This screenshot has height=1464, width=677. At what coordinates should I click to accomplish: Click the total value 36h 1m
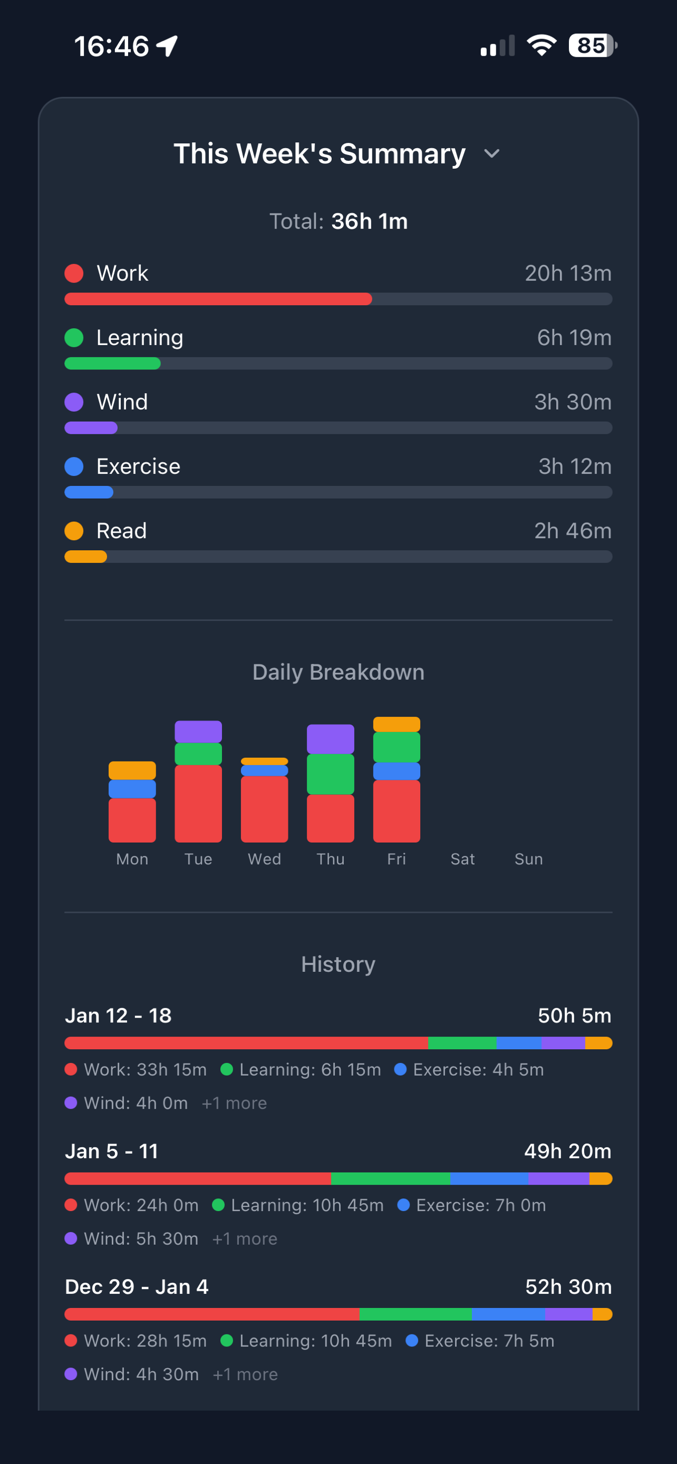pos(369,222)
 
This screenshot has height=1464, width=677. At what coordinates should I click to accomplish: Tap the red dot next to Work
pos(74,274)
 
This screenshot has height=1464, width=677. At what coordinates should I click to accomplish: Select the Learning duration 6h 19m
pos(574,338)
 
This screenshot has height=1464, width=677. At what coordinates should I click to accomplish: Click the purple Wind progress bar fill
pos(91,428)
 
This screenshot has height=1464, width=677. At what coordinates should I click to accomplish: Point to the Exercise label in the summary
pos(138,466)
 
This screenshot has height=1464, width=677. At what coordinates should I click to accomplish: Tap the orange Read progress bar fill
pos(85,557)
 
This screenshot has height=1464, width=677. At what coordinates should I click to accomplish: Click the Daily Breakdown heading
pos(338,672)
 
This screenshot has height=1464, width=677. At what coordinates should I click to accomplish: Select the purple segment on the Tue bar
pos(198,731)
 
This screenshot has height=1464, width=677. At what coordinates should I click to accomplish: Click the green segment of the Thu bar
pos(330,774)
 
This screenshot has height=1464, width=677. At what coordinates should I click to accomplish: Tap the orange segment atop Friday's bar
pos(396,725)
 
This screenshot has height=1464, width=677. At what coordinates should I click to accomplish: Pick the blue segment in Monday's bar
pos(132,789)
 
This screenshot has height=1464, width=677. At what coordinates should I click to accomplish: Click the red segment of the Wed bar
pos(264,809)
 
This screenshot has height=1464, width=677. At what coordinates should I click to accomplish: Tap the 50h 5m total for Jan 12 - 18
pos(574,1016)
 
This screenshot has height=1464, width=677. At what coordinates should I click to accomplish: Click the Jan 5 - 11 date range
pos(111,1151)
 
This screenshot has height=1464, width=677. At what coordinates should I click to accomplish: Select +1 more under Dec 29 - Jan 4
pos(245,1374)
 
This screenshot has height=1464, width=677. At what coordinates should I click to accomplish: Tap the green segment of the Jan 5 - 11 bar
pos(390,1179)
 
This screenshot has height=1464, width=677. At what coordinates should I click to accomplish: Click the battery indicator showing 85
pos(592,45)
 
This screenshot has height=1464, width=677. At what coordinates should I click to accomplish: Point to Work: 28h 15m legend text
pos(145,1341)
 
